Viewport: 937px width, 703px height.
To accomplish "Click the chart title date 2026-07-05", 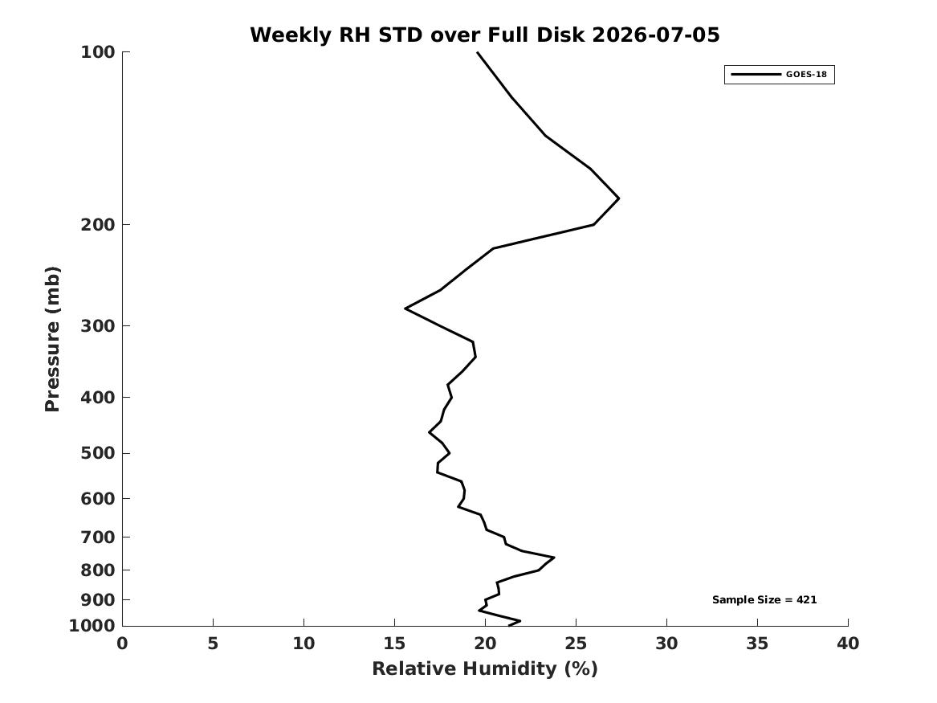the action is pos(655,35).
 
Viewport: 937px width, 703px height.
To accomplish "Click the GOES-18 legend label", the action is pos(806,75).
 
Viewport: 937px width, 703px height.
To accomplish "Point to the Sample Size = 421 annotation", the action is pos(764,599).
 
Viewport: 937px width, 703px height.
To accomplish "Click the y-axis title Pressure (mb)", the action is pos(52,339).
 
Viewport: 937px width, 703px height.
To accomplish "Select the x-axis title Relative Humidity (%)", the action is pos(485,668).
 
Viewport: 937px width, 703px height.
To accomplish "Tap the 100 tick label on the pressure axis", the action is pos(97,52).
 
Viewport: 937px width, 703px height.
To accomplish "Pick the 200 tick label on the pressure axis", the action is pos(97,225).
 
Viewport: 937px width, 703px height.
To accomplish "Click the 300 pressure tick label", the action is pos(97,326).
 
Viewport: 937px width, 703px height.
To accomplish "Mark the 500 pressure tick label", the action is pos(97,453).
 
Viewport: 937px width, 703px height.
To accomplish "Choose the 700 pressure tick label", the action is pos(97,537).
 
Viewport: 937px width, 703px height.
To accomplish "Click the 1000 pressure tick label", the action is pos(92,626).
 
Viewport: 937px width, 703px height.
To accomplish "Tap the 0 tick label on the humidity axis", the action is pos(123,644).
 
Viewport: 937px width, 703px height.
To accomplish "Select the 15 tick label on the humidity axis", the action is pos(394,644).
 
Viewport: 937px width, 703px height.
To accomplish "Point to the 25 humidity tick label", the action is pos(576,644).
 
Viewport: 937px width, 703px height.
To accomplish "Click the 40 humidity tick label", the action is pos(848,644).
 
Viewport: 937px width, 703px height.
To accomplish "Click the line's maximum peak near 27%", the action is pos(618,198).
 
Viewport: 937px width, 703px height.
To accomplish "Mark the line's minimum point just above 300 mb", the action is pos(405,309).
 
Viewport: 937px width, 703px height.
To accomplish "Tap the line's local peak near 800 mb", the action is pos(554,558).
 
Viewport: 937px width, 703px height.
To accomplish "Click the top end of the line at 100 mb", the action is pos(478,52).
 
